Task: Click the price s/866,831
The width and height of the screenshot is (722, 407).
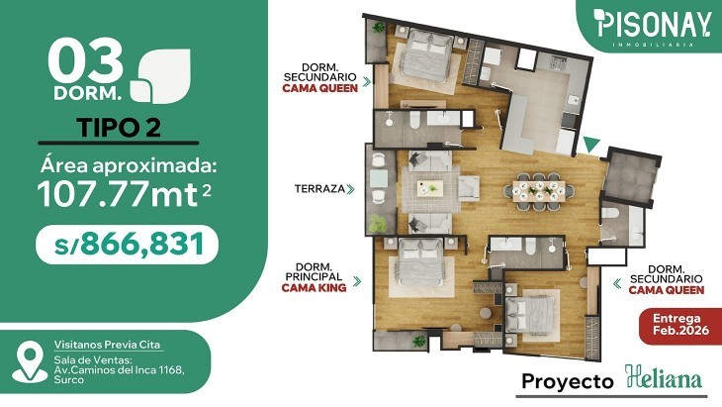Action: point(129,245)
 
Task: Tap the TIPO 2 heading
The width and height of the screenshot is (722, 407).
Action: point(119,127)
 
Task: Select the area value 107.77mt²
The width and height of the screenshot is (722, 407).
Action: point(125,193)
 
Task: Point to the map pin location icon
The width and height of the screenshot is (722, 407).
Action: point(30,362)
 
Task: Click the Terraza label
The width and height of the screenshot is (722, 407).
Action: point(319,188)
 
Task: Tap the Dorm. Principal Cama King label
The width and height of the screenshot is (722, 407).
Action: point(315,277)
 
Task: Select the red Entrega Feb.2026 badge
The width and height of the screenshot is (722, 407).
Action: point(680,325)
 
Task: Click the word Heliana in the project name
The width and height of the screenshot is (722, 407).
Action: point(664,378)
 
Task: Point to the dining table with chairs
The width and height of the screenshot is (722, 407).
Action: point(539,191)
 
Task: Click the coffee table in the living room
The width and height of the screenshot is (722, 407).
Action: point(430,188)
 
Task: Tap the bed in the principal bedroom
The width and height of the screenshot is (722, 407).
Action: point(420,262)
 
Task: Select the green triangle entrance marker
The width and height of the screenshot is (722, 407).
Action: point(591,145)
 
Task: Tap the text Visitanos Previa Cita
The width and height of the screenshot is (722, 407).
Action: point(107,345)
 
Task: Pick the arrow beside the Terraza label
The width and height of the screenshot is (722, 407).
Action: point(350,189)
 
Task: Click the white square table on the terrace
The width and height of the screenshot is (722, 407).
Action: point(379,179)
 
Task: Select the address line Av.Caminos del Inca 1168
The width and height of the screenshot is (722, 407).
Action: point(120,369)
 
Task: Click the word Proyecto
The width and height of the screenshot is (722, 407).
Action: point(568,381)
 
